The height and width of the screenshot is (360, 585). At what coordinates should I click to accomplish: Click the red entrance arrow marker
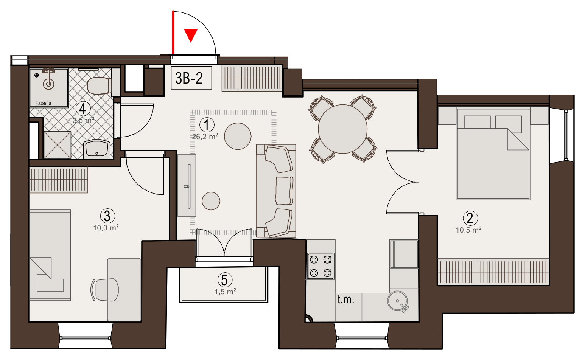(191, 35)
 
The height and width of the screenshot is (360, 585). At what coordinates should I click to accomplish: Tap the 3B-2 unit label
(189, 78)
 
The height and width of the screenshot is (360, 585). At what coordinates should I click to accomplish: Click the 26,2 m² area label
(205, 137)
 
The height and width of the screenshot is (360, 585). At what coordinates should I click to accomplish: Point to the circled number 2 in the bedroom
(470, 218)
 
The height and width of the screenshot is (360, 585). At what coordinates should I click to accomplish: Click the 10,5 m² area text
(469, 230)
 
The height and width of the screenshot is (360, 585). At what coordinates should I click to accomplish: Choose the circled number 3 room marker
(107, 216)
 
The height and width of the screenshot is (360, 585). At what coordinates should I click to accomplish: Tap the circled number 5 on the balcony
(225, 280)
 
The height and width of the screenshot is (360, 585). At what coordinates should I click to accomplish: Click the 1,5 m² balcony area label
(226, 292)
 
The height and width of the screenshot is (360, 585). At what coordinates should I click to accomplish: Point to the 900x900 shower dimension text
(43, 104)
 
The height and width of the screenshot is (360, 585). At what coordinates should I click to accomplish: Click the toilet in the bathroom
(99, 85)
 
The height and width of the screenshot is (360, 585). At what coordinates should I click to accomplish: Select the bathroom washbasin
(96, 149)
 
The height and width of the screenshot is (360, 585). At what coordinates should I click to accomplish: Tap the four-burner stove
(321, 266)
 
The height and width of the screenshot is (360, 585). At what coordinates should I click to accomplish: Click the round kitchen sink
(397, 301)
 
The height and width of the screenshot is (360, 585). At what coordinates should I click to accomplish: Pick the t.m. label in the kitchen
(346, 299)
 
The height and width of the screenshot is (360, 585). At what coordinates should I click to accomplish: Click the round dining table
(343, 129)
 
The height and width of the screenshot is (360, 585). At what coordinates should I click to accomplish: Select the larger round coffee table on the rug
(238, 136)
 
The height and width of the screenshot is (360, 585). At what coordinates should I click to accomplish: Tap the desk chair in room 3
(105, 290)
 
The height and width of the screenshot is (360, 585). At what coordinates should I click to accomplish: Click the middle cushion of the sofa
(284, 191)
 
